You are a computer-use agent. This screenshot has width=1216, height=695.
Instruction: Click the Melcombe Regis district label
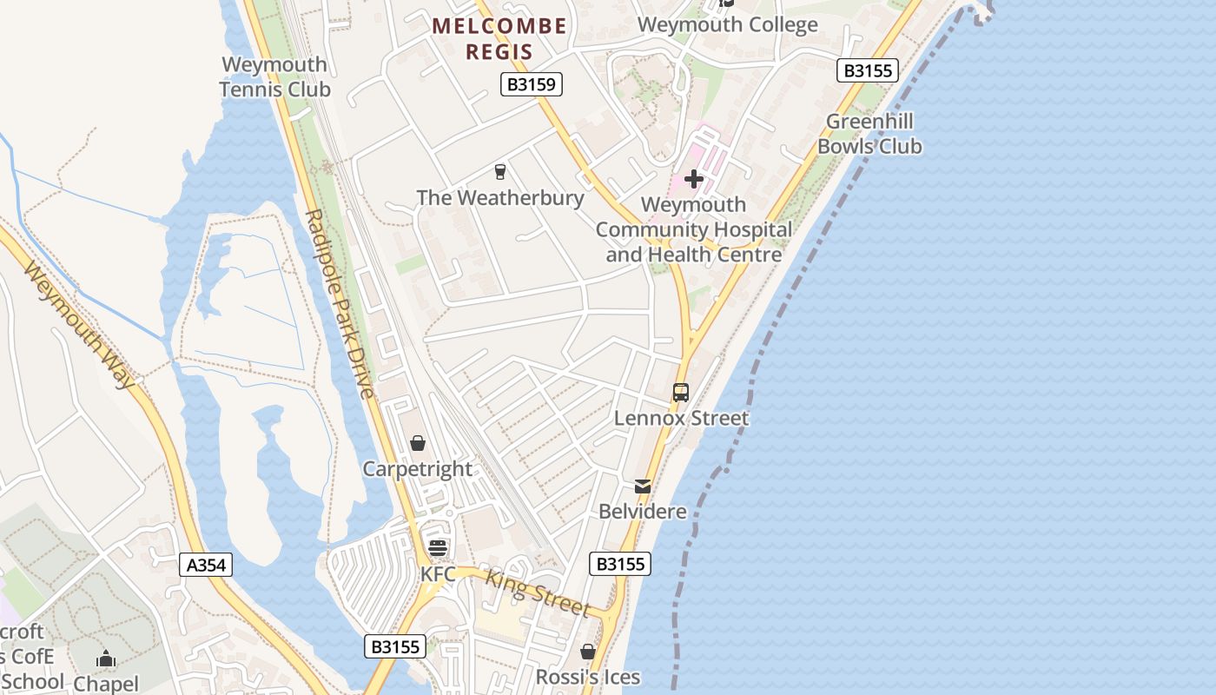pos(499,39)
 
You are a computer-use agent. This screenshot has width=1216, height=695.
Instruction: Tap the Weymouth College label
pos(728,24)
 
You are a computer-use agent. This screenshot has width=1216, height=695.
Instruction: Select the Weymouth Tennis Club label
pos(274,76)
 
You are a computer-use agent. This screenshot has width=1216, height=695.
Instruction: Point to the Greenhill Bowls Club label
pos(869,134)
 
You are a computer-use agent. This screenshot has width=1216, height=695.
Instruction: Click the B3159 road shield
pos(532,84)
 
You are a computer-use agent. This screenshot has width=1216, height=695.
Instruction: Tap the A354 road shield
pos(207,565)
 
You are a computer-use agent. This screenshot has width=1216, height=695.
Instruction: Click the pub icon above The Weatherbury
pos(500,171)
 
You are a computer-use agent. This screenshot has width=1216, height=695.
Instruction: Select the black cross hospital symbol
pos(694,179)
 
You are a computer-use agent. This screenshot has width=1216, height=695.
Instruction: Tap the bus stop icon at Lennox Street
pos(681,393)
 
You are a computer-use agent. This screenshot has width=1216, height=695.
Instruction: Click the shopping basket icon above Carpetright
pos(418,443)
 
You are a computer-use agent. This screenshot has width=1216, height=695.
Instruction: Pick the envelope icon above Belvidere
pos(643,486)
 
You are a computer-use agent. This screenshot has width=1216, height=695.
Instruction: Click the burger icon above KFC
pos(438,547)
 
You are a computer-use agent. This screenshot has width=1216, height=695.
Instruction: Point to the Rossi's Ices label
pos(588,677)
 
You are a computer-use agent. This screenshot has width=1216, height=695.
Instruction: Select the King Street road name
pos(538,592)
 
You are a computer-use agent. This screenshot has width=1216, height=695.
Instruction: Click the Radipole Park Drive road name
pos(340,304)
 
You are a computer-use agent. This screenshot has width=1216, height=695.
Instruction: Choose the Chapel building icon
pos(106,659)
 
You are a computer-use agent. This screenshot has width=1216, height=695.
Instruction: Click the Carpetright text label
pos(418,469)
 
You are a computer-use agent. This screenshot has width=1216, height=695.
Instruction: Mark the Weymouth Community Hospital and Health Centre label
pos(694,229)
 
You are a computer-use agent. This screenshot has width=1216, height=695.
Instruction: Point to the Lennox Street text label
pos(681,418)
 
